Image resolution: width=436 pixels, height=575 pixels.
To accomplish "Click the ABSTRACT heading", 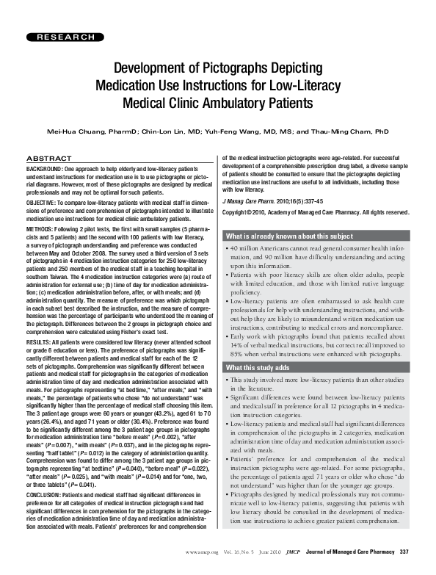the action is [x=48, y=159].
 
